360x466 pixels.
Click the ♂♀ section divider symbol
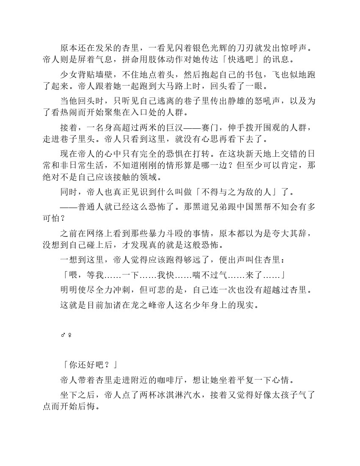pos(66,336)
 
